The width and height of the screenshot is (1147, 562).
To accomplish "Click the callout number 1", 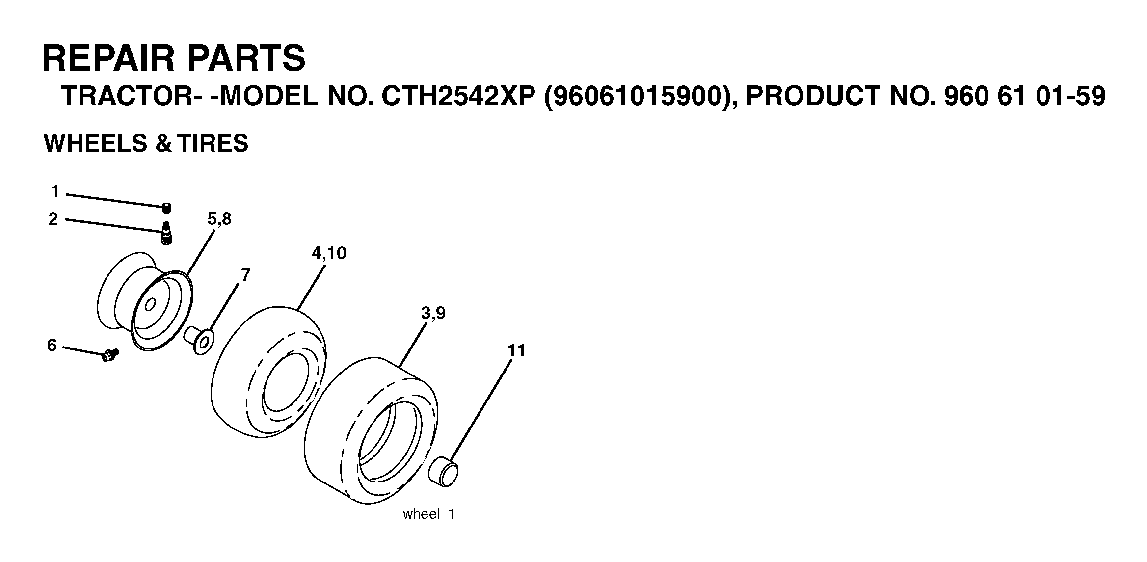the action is tap(55, 192).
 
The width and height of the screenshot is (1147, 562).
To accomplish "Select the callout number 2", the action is tap(53, 219).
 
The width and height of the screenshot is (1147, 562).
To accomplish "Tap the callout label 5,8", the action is tap(219, 219).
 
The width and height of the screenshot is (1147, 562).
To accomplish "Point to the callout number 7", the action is tap(245, 275).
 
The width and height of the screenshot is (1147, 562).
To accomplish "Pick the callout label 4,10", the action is tap(329, 253).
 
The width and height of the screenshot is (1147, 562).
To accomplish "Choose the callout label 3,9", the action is tap(433, 313).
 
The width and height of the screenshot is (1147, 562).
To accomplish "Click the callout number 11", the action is tap(516, 350).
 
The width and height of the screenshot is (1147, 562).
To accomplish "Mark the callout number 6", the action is tap(52, 346).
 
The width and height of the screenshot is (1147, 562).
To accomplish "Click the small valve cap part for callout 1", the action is tap(167, 208).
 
